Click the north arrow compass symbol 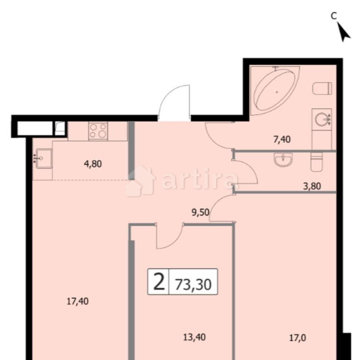click(344, 32)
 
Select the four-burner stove click(98, 131)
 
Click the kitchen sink click(44, 158)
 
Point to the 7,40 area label click(281, 140)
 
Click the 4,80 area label click(93, 164)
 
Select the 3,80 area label click(312, 186)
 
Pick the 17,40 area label click(78, 301)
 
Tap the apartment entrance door click(174, 103)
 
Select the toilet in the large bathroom click(323, 88)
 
